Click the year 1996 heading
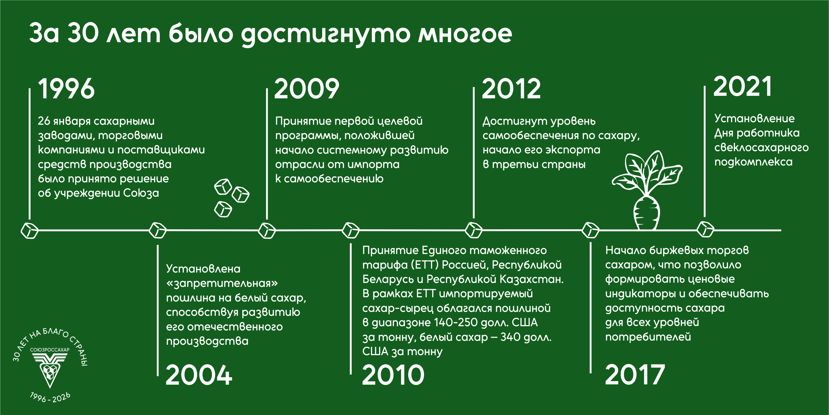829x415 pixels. pos(66,89)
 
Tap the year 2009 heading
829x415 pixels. pos(307,89)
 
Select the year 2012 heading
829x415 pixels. pos(511,89)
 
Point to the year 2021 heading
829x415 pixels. pos(743,86)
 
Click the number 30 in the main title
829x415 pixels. pos(83,33)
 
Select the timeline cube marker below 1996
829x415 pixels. pos(30,230)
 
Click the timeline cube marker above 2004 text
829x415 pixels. pos(158,230)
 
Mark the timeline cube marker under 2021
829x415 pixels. pos(705,229)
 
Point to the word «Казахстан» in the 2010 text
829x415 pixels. pos(532,279)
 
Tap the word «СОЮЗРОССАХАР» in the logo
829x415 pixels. pos(50,350)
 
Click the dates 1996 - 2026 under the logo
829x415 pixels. pos(50,398)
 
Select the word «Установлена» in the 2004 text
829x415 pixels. pos(203,269)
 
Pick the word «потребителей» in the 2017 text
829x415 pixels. pos(648,337)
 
